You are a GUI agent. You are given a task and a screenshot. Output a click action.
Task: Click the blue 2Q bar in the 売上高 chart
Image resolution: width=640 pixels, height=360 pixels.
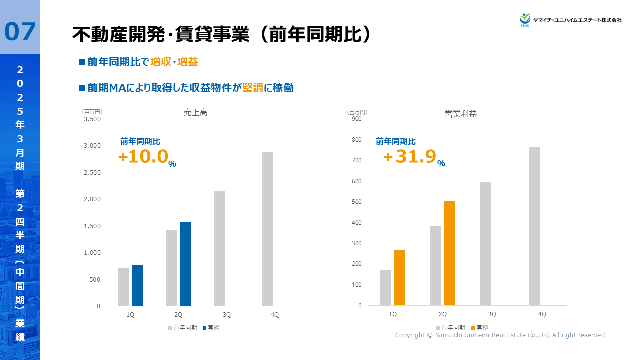coord(185,264)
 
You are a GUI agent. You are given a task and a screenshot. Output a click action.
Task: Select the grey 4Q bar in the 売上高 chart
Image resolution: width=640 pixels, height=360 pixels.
coord(268,229)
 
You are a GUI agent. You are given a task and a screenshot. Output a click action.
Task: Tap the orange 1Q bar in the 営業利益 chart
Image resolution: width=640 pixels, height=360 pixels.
coord(399,278)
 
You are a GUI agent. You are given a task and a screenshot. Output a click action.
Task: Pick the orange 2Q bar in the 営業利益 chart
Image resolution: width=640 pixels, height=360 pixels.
coord(449,253)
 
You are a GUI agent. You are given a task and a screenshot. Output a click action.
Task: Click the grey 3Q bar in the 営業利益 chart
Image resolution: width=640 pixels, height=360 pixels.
coord(485,244)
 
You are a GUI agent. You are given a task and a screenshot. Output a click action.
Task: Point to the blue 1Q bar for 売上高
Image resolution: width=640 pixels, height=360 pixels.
coord(137,285)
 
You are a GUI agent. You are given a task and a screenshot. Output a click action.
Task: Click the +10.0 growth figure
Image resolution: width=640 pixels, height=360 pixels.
coord(143,157)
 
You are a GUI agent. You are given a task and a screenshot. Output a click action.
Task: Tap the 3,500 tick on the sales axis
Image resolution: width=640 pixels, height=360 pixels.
coord(92,119)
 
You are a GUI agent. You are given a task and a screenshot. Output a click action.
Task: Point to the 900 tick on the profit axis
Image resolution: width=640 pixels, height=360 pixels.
coord(356,119)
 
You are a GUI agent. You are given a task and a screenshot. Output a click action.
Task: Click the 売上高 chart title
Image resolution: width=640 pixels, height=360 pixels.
coord(195,113)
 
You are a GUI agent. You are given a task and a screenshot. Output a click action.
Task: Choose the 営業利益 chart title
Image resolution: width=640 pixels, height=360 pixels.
coord(461,114)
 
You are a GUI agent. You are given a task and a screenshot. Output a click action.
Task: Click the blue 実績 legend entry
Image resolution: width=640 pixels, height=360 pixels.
coord(211,328)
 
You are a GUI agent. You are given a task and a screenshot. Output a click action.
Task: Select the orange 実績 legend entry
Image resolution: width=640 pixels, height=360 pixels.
coord(479,328)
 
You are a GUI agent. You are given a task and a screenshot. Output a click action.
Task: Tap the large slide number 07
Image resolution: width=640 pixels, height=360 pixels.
coord(20,32)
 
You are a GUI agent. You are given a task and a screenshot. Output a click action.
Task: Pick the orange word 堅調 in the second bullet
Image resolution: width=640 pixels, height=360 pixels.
coord(253,88)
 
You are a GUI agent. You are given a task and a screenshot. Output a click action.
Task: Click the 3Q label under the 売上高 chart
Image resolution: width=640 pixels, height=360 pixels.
coord(226,315)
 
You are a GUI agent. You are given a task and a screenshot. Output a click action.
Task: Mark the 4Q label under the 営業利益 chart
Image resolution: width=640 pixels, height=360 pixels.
coord(542,314)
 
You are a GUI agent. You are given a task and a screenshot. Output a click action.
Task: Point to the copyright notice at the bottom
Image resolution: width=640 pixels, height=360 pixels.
coord(500,335)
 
